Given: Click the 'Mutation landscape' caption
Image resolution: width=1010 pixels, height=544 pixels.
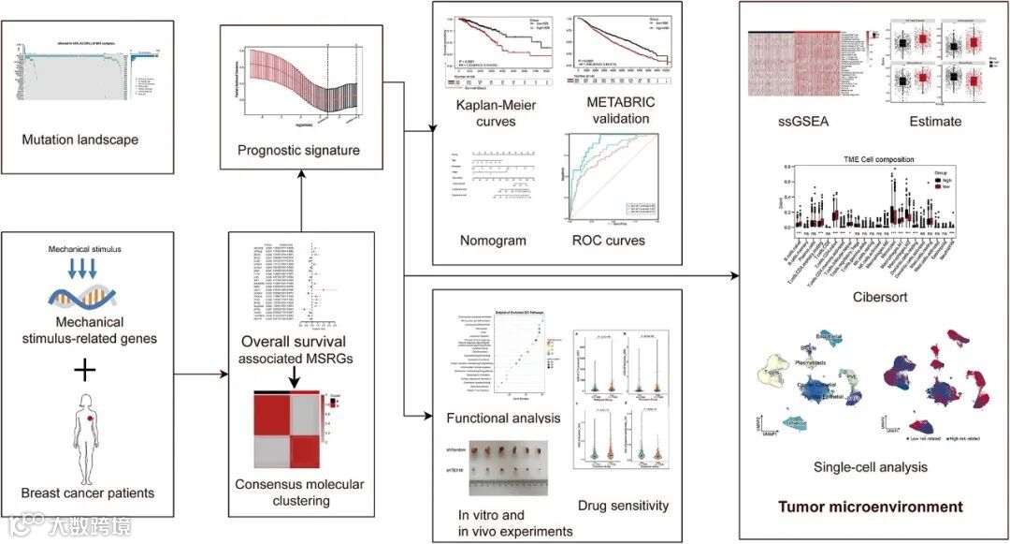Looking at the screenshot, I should (80, 140).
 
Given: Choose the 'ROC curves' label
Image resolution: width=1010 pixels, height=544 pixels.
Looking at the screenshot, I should (609, 241).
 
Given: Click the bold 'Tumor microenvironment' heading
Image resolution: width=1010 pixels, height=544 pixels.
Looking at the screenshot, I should (871, 507).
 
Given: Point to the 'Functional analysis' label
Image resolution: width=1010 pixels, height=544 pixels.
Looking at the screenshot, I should (503, 418).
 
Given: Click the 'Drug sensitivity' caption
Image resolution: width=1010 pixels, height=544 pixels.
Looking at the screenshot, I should (623, 506).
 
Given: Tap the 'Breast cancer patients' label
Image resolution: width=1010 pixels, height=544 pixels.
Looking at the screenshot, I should (88, 493).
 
